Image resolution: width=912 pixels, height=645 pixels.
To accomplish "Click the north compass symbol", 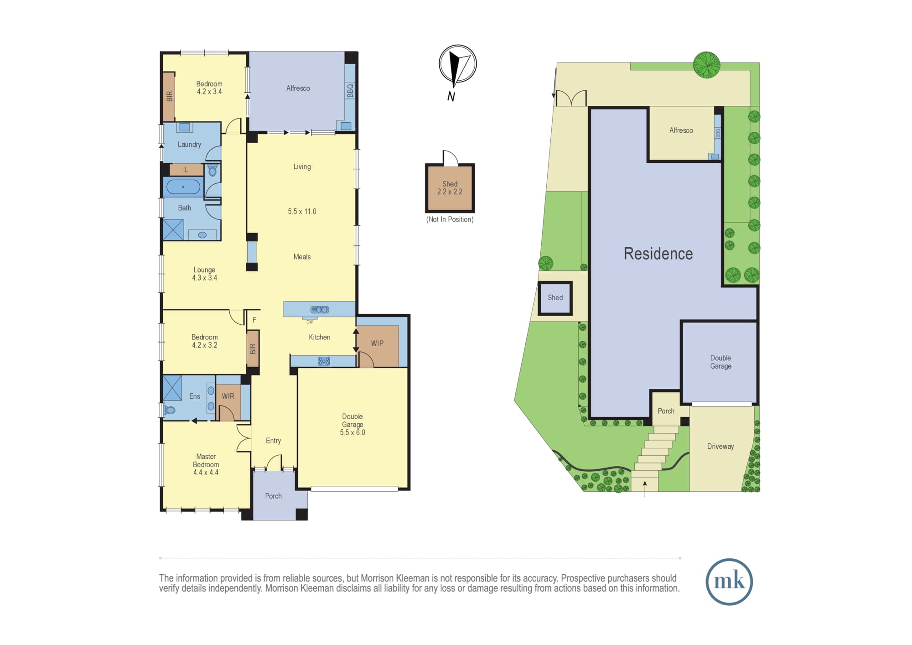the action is [457, 65].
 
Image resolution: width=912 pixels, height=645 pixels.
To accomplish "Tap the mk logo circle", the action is [729, 582].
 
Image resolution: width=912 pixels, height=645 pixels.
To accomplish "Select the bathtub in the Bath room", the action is [183, 187].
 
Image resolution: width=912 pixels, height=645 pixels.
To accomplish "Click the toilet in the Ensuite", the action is [169, 410].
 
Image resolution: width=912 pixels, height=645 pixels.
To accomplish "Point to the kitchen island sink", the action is [320, 310].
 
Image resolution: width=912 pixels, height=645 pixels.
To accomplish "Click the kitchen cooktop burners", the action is [324, 361].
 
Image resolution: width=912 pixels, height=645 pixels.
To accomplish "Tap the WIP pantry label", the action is [377, 343].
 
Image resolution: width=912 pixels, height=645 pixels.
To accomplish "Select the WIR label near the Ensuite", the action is [228, 396].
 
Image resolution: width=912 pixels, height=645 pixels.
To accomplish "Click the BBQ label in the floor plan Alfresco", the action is [350, 90].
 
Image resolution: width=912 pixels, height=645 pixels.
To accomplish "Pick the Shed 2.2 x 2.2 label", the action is [450, 188].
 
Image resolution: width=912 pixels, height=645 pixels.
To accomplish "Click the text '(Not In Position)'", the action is [450, 219].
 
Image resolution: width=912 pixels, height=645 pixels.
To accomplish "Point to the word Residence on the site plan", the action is [658, 254].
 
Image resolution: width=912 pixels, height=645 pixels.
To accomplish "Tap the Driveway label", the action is [720, 447].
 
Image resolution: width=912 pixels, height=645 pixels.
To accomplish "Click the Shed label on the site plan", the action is [555, 298].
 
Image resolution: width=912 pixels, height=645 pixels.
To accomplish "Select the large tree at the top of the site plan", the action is [707, 64].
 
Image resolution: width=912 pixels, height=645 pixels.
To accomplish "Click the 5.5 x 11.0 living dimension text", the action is [302, 212].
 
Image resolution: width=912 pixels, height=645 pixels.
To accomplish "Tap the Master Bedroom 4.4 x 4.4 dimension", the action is [206, 473].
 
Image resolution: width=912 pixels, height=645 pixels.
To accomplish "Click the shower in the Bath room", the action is [173, 230].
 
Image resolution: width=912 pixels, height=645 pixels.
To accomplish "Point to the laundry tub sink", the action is [185, 127].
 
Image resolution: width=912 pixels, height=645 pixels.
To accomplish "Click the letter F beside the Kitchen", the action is [254, 320].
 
